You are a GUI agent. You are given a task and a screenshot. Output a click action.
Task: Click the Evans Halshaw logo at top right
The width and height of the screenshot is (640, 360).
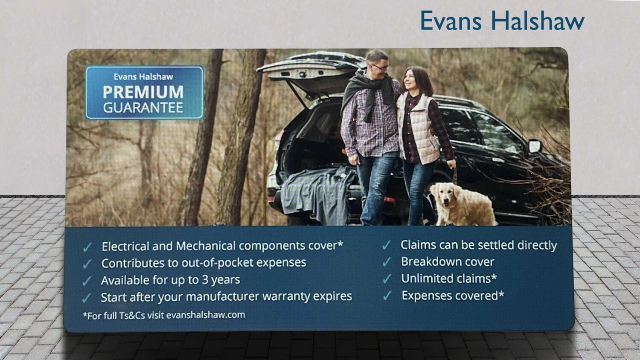coord(502,20)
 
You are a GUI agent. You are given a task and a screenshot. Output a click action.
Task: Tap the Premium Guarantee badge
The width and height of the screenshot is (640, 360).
coord(144,93)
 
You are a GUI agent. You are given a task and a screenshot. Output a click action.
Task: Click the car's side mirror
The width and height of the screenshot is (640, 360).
coord(535,146)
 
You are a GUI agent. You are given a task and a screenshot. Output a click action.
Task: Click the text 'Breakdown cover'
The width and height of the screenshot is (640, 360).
coord(448,262)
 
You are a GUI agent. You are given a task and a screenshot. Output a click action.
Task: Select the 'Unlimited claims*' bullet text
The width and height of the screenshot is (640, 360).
coord(449,279)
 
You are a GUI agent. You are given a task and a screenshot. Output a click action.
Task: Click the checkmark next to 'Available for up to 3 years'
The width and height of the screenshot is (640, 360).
coord(87,281)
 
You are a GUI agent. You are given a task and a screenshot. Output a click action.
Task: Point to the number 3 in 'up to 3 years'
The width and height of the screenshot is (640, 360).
coord(205,280)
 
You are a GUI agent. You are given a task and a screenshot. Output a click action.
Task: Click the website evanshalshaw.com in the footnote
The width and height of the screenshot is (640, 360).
coord(206,315)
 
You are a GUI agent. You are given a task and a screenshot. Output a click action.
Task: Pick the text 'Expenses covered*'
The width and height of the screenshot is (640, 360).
coord(453,296)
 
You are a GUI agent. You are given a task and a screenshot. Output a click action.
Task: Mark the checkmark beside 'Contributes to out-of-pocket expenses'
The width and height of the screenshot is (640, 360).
coord(87,264)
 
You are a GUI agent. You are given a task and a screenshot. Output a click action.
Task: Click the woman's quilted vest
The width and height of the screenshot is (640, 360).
coord(420,128)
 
